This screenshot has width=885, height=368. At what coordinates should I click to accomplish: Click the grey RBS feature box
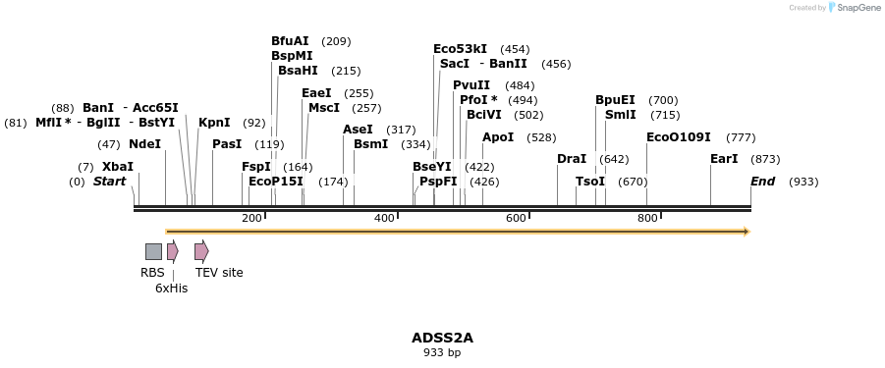click(x=153, y=251)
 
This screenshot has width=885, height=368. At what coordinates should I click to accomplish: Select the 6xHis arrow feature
click(x=172, y=251)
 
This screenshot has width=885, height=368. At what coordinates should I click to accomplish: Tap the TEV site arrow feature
click(x=201, y=251)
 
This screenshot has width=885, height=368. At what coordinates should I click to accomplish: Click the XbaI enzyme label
click(x=117, y=167)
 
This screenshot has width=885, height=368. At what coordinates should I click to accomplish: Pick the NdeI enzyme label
click(x=144, y=144)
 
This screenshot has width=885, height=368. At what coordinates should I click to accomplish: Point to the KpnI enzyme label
click(x=214, y=123)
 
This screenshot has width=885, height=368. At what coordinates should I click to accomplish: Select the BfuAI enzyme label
click(x=290, y=41)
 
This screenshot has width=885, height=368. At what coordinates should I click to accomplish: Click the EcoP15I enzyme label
click(x=276, y=182)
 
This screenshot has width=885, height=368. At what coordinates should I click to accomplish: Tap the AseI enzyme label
click(x=358, y=130)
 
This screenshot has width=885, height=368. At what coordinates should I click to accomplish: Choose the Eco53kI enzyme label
click(x=460, y=49)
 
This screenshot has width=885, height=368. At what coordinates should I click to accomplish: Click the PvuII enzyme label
click(x=471, y=85)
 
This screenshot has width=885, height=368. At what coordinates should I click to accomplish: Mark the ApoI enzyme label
click(x=498, y=137)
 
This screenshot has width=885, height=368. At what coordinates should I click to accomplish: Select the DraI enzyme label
click(x=572, y=159)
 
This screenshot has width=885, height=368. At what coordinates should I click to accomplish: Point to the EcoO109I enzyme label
click(x=678, y=137)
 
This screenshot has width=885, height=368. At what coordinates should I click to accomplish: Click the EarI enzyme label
click(x=724, y=159)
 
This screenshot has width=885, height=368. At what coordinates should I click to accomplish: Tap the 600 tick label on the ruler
click(x=516, y=218)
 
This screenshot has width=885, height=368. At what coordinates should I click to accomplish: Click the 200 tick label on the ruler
click(x=251, y=218)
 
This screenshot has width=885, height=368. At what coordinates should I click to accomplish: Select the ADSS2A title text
click(x=442, y=338)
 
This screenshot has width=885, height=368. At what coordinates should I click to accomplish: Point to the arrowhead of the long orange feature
click(x=747, y=232)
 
